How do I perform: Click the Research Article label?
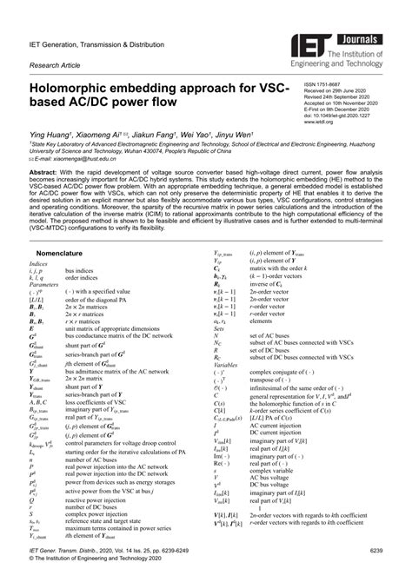pos(57,65)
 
